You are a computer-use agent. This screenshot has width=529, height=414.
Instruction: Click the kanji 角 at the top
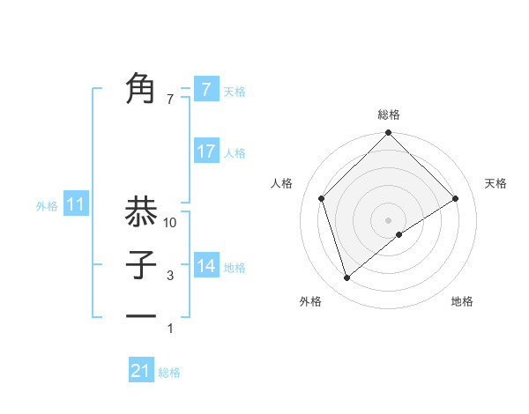coord(140,88)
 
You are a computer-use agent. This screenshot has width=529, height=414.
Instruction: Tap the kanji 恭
coord(140,211)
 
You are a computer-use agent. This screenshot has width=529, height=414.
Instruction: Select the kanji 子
coord(140,264)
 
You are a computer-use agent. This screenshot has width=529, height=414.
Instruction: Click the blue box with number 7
coord(205,89)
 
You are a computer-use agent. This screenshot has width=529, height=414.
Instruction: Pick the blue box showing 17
coord(205,152)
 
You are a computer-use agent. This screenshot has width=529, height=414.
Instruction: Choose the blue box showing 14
coord(205,265)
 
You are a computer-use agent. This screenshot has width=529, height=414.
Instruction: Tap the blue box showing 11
coord(76,205)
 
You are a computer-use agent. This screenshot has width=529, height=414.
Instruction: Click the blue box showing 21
coord(140,371)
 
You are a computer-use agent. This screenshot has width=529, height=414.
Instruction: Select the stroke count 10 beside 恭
coord(171,224)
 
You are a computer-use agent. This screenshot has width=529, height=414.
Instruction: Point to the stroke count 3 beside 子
coord(171,277)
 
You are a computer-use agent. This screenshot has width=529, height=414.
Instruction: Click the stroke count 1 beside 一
coord(171,329)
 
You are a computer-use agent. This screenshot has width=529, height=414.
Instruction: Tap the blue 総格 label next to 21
coord(169,373)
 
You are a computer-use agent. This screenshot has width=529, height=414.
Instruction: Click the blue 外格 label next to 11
coord(47,206)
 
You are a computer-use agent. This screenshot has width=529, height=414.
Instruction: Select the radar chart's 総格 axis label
coord(388,115)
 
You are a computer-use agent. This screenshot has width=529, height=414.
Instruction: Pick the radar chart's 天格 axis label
coord(496,183)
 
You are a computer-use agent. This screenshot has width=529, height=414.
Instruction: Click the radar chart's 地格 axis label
coord(462,301)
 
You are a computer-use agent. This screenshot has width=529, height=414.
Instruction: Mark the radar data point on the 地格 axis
coord(399,234)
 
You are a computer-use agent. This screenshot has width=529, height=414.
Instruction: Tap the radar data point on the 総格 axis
coord(388,135)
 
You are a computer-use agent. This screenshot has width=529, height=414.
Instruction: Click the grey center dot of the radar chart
coord(388,219)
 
